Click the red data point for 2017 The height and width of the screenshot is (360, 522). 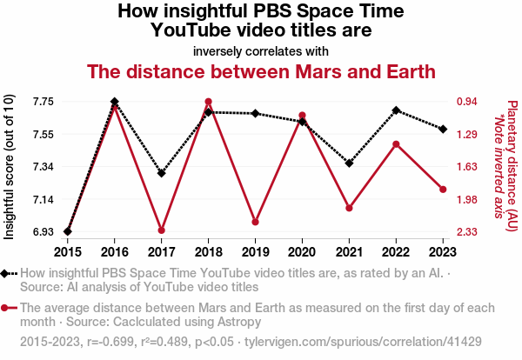(x=161, y=230)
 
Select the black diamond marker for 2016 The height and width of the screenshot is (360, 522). (x=115, y=102)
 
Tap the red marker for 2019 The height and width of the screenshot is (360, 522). (x=255, y=222)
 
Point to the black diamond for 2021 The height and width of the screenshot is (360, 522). (x=349, y=163)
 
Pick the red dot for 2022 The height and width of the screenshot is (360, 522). (x=396, y=144)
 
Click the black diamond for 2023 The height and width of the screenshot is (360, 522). (x=443, y=129)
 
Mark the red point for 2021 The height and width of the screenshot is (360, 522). (x=349, y=208)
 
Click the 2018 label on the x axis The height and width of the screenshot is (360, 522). (x=208, y=252)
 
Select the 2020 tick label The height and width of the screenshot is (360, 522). (x=302, y=252)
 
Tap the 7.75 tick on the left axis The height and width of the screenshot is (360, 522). (x=43, y=102)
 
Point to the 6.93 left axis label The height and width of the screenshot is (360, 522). (x=43, y=232)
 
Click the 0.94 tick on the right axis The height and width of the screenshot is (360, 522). (x=467, y=102)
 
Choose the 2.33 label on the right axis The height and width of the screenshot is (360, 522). (x=467, y=232)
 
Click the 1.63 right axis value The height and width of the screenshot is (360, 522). (x=467, y=167)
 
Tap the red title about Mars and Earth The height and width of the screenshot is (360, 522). (x=261, y=70)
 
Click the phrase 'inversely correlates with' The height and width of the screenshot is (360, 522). (x=261, y=50)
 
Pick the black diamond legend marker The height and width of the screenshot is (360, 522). (x=8, y=273)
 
